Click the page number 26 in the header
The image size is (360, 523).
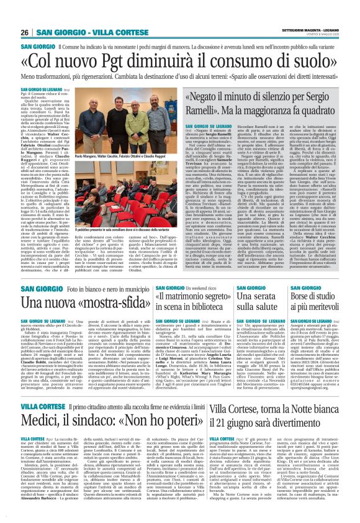(24, 32)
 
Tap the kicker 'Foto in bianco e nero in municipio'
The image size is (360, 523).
(94, 289)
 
